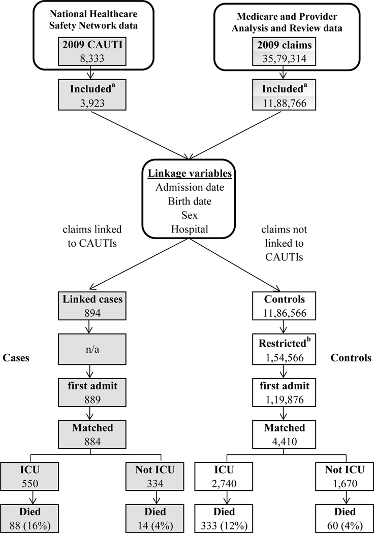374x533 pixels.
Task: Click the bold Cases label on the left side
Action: coord(16,357)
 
